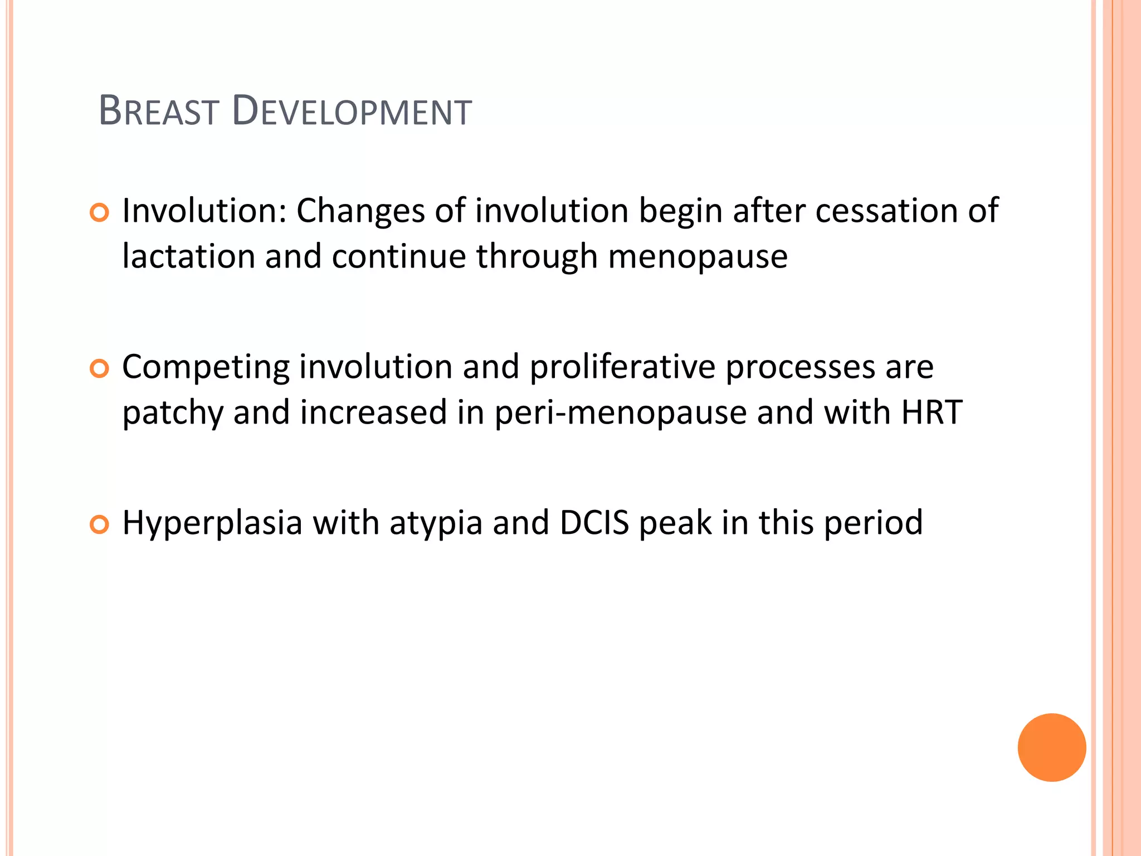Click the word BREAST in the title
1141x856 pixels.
coord(158,111)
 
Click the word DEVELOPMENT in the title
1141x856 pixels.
coord(352,111)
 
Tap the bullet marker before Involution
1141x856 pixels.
coord(99,213)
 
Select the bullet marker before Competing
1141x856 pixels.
coord(99,369)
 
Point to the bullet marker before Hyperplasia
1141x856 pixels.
coord(99,524)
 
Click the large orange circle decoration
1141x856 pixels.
coord(1051,747)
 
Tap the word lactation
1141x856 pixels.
coord(188,256)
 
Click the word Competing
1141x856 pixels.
coord(206,368)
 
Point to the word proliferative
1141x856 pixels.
coord(622,368)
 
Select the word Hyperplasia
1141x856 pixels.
coord(212,524)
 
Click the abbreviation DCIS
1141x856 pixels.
coord(594,523)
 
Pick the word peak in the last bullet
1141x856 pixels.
coord(675,524)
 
